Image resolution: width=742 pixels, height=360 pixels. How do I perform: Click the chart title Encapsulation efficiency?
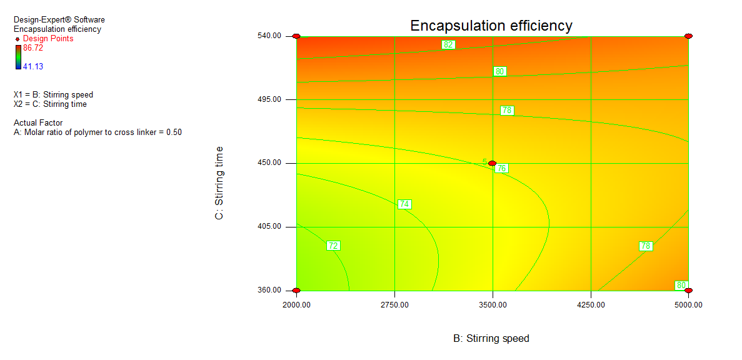[x=491, y=26]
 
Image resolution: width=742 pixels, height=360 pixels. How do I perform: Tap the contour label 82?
[x=448, y=44]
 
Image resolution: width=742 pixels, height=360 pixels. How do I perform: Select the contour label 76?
[x=501, y=168]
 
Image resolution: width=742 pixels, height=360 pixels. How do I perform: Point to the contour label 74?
[x=404, y=204]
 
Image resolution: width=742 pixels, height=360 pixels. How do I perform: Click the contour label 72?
[x=333, y=246]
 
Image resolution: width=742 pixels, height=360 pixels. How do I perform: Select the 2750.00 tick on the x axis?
[x=394, y=305]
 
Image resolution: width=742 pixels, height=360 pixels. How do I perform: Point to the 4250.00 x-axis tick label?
[x=591, y=305]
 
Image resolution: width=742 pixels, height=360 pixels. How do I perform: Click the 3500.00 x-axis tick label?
[x=493, y=305]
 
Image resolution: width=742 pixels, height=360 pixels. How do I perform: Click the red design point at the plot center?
[x=493, y=163]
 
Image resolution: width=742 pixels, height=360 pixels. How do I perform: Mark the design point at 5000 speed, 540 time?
[x=688, y=36]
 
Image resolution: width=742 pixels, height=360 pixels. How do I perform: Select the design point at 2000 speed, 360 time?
[x=296, y=291]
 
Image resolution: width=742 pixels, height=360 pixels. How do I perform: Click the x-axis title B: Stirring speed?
[x=491, y=339]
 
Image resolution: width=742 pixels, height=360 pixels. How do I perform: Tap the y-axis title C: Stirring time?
[x=219, y=182]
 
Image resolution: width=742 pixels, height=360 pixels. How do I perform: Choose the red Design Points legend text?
[x=48, y=39]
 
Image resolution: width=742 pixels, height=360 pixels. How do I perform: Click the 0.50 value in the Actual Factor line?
[x=174, y=132]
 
